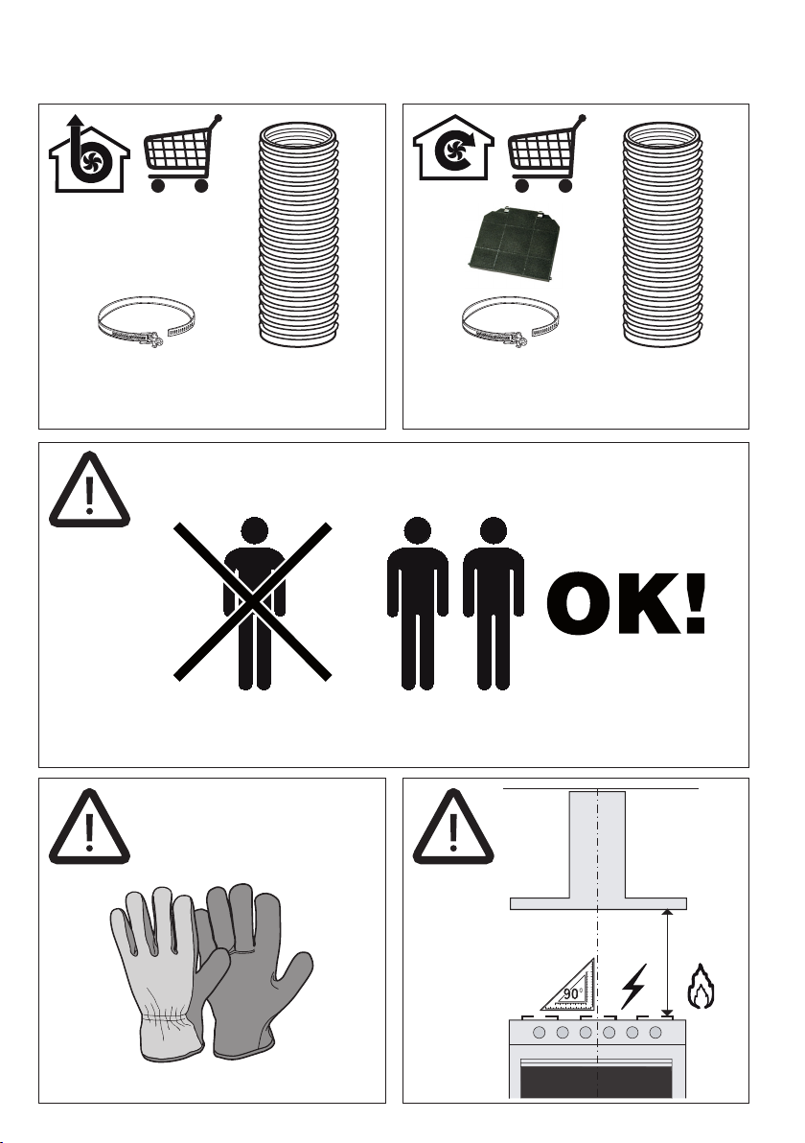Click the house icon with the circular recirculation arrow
(453, 148)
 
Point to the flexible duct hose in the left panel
(299, 235)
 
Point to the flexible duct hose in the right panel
(662, 235)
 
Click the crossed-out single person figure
(253, 602)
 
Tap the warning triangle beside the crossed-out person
(90, 489)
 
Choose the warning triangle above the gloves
(90, 826)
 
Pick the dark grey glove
(251, 969)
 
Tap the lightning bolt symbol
(633, 987)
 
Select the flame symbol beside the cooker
(701, 987)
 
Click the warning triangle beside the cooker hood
(453, 826)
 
